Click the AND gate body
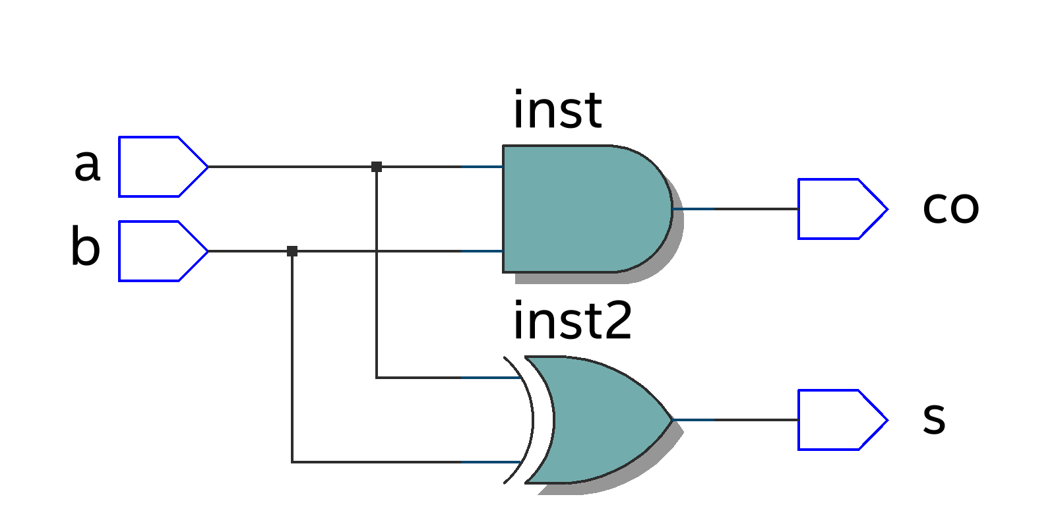(x=580, y=208)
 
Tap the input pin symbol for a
(x=158, y=167)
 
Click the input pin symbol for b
(x=158, y=251)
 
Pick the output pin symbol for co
(x=838, y=209)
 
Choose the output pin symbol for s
(x=838, y=420)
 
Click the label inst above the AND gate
(x=557, y=110)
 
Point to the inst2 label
(x=573, y=321)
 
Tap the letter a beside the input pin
(x=87, y=165)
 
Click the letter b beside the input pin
(x=86, y=247)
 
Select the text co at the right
(x=950, y=207)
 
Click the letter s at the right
(x=934, y=418)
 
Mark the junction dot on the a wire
(x=377, y=167)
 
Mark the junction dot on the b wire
(x=292, y=251)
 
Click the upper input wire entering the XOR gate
(x=449, y=378)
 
